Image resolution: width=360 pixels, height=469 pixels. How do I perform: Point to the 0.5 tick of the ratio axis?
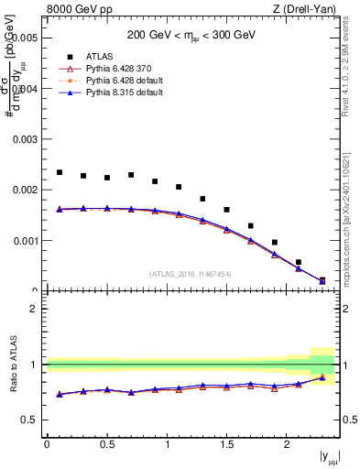(29, 420)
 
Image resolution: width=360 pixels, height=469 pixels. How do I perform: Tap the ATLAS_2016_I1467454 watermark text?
(191, 274)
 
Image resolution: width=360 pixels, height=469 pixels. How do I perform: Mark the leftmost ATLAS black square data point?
(60, 172)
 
